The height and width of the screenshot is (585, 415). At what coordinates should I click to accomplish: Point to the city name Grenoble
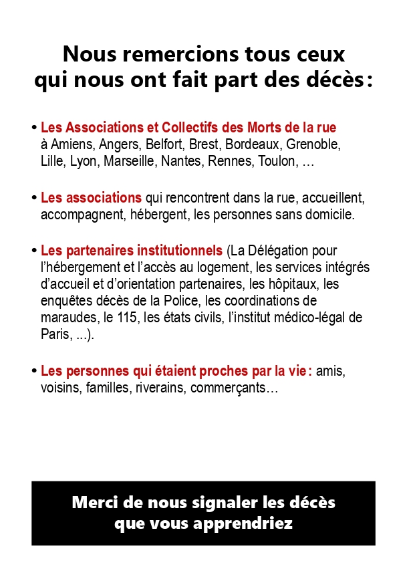click(313, 144)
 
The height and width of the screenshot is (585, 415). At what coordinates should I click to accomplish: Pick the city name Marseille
click(132, 162)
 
